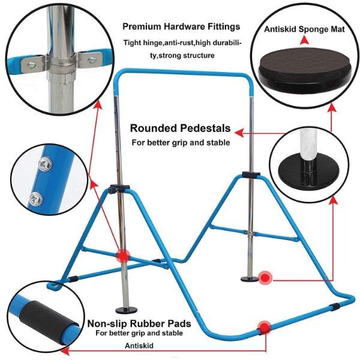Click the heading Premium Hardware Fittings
[181, 26]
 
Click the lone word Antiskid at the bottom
[139, 345]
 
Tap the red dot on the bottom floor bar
[263, 328]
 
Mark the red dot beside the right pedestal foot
[265, 277]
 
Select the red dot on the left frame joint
[122, 254]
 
